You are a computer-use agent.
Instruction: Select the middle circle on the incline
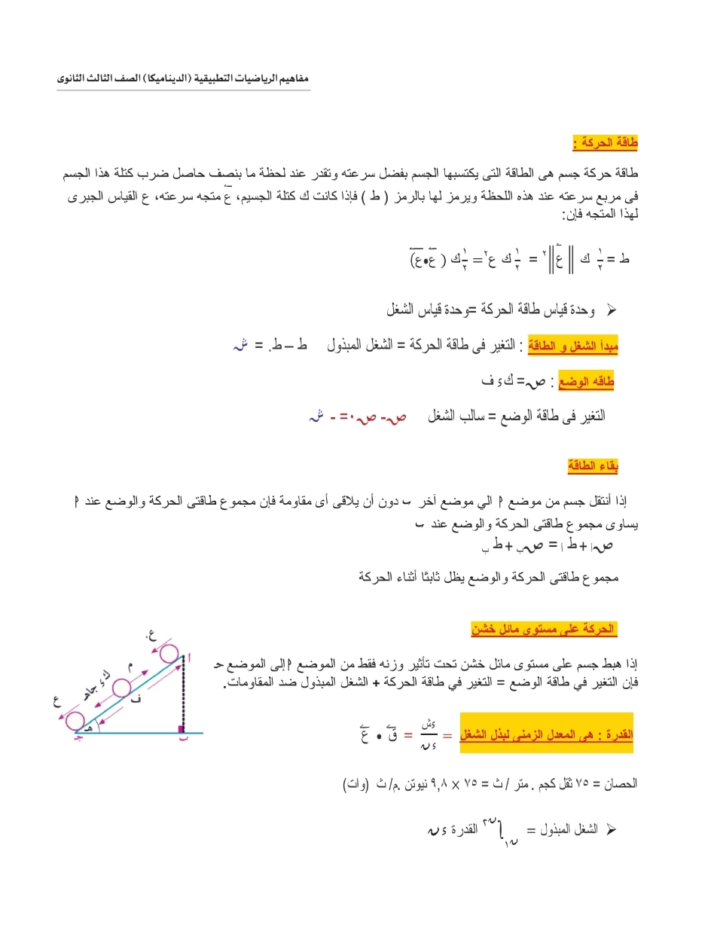click(x=121, y=688)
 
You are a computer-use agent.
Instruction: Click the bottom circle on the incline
click(x=75, y=721)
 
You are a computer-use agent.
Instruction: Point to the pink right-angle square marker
click(x=181, y=728)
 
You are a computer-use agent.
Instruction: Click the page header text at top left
click(x=183, y=78)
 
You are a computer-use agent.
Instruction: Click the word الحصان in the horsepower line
click(x=620, y=784)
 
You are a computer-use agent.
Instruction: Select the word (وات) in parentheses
click(x=355, y=784)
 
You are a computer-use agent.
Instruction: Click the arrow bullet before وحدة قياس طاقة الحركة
click(x=611, y=309)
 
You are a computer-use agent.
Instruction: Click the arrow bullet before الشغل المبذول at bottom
click(x=611, y=829)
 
